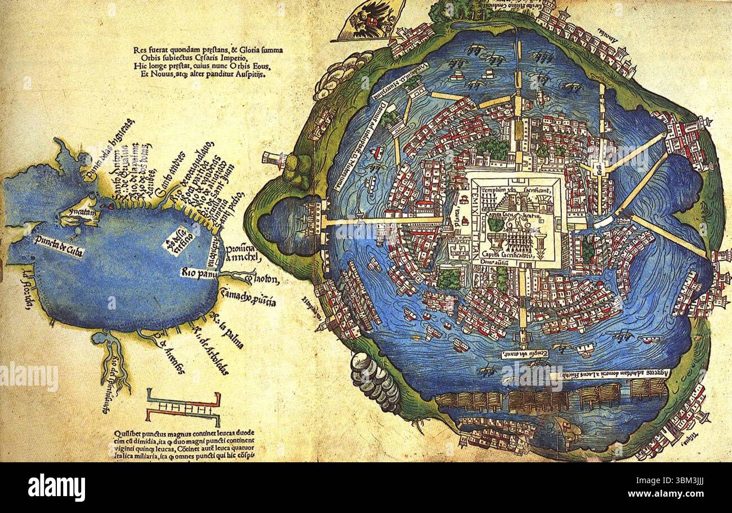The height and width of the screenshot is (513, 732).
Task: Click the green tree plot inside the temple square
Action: [495, 223]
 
